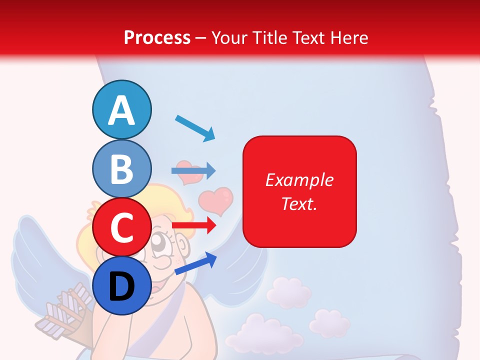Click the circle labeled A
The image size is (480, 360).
[x=122, y=109]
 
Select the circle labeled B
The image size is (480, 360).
[x=122, y=168]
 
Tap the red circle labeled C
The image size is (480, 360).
[x=122, y=226]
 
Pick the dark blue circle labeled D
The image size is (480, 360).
[x=122, y=285]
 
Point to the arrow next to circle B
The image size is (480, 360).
[x=193, y=170]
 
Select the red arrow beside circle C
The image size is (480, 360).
[x=193, y=225]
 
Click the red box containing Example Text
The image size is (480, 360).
[x=299, y=191]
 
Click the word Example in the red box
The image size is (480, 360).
[x=299, y=180]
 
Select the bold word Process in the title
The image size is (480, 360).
[x=157, y=37]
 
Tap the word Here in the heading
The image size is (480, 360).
[x=348, y=37]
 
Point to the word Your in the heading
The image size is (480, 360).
[x=229, y=37]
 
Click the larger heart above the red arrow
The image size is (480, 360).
[x=216, y=199]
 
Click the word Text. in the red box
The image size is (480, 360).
[x=299, y=204]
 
